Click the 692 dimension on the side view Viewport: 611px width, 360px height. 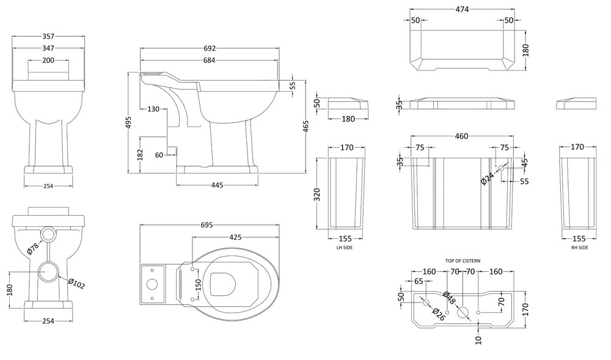pos(210,48)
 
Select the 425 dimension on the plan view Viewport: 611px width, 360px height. pos(238,237)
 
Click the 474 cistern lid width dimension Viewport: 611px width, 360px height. pos(462,9)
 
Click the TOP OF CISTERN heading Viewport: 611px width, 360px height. pos(463,261)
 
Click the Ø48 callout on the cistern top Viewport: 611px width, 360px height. pos(448,299)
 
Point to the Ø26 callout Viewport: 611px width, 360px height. pos(437,314)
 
